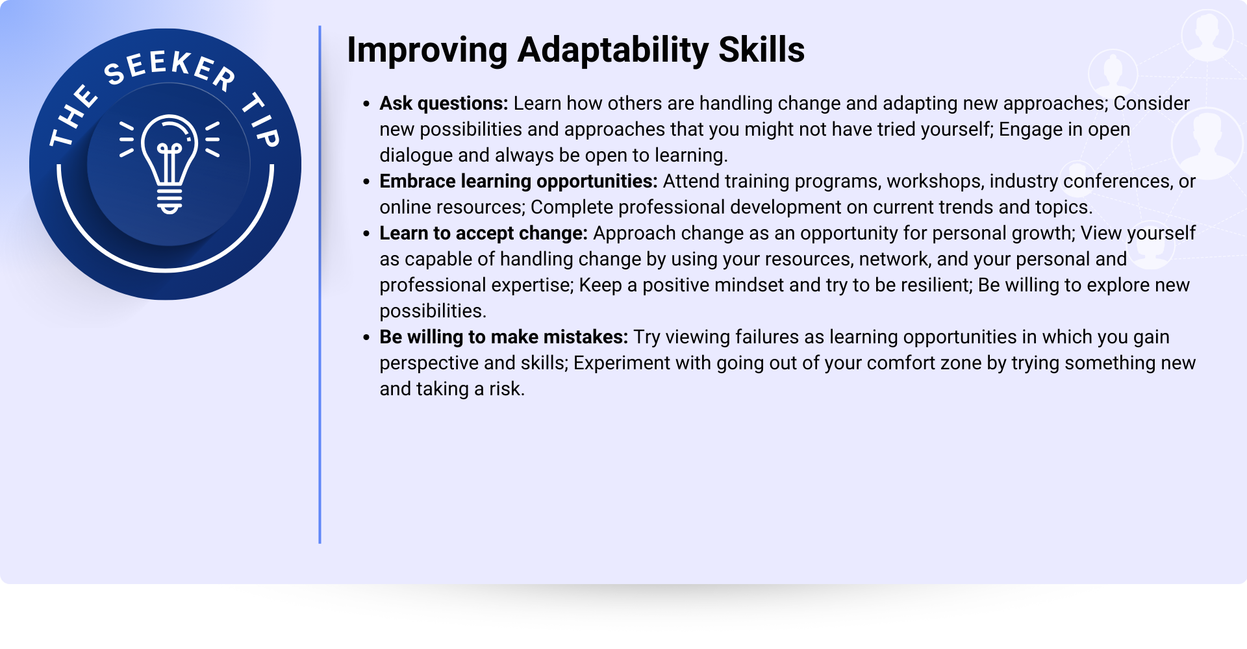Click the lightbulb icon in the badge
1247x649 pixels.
[x=170, y=164]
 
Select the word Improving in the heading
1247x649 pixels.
[x=427, y=50]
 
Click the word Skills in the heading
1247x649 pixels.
[x=762, y=50]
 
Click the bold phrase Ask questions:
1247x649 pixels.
[x=444, y=103]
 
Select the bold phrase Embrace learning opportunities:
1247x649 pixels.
[x=518, y=181]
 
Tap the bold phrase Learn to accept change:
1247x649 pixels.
[x=483, y=233]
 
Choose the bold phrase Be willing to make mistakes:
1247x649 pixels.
[x=504, y=337]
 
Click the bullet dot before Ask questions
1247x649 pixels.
[x=367, y=104]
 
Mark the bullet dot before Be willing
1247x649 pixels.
[x=367, y=337]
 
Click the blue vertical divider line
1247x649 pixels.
[x=320, y=284]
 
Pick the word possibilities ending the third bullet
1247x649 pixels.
[x=433, y=312]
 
